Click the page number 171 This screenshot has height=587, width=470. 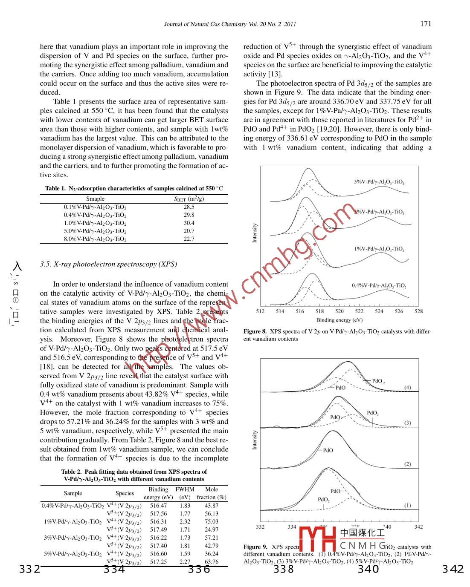425,24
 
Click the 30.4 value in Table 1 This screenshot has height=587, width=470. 189,223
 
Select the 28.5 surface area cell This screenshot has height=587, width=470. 189,207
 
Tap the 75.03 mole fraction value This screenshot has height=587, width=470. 212,522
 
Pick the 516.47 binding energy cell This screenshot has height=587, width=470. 158,506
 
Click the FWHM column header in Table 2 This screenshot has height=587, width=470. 185,489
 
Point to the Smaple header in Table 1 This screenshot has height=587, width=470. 95,199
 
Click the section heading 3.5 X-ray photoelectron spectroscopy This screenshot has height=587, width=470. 108,264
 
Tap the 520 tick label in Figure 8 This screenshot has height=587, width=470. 339,311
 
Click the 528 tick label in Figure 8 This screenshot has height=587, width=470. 418,311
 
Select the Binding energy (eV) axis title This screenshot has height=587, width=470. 339,320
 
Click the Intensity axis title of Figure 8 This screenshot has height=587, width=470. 255,233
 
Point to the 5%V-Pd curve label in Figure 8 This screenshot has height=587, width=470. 379,182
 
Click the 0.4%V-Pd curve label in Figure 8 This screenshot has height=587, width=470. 379,285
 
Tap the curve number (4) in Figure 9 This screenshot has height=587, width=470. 407,388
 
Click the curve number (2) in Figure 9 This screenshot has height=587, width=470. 407,464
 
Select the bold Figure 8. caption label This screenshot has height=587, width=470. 255,331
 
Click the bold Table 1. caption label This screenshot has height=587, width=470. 55,188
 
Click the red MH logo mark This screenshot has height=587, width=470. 317,539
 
